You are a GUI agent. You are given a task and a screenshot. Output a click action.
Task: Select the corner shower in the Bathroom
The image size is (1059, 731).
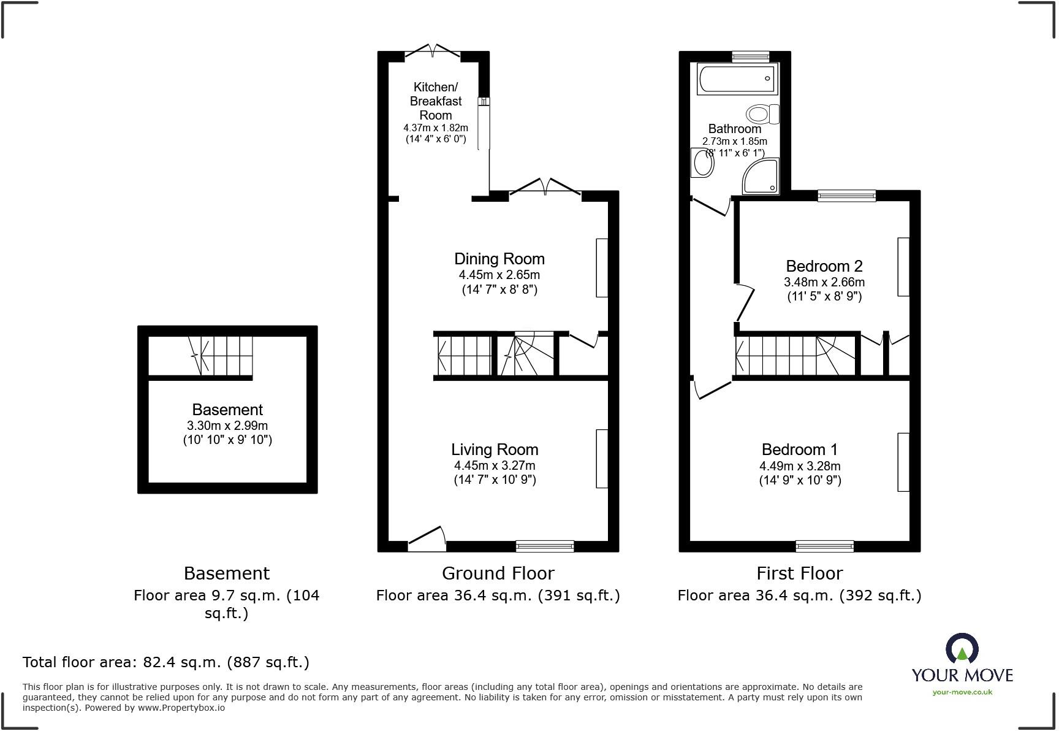762,176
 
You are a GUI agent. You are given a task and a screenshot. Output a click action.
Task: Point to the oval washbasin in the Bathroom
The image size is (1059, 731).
701,164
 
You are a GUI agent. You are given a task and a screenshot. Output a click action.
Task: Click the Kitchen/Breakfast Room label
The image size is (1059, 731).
435,101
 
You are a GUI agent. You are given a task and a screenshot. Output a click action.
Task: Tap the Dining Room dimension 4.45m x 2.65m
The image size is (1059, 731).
499,275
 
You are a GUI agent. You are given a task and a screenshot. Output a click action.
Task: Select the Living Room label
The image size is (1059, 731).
495,450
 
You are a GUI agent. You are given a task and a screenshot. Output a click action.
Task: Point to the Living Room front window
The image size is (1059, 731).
545,546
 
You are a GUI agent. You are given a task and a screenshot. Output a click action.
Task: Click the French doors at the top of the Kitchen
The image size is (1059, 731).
433,52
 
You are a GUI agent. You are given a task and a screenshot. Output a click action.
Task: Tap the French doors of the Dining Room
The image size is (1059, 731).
545,187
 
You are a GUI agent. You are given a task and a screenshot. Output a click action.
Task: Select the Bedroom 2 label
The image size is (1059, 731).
824,266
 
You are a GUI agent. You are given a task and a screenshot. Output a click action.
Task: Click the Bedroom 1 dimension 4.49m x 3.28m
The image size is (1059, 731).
800,466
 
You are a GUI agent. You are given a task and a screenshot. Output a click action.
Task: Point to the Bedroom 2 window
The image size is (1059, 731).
846,196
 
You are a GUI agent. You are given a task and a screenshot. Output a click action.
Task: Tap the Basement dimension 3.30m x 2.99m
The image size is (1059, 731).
227,426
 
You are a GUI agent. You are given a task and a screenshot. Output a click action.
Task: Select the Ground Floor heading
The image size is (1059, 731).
498,573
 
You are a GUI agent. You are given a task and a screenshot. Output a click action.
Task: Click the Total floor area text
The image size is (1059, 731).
165,662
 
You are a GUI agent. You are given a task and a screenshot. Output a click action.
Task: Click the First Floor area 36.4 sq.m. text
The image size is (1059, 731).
799,595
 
